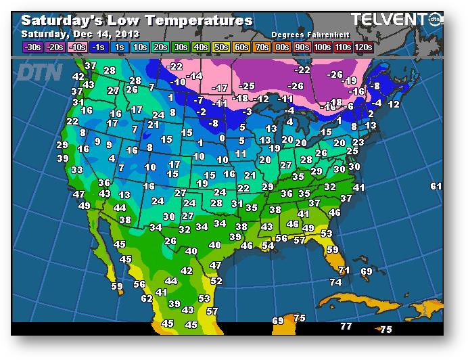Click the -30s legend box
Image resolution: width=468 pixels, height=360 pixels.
(x=32, y=47)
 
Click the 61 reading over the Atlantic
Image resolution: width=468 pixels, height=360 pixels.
(x=436, y=186)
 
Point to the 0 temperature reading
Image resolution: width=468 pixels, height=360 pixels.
(x=222, y=138)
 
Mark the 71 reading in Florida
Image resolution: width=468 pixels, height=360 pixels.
(x=344, y=270)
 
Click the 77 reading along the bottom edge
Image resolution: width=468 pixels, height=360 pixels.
(x=346, y=326)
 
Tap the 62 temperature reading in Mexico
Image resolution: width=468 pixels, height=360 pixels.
(x=147, y=298)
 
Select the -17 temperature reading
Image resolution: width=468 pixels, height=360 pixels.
(x=220, y=88)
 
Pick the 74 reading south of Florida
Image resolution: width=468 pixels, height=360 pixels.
(x=335, y=282)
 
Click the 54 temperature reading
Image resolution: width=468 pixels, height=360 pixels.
(x=268, y=246)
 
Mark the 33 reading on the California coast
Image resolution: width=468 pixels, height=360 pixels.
(x=77, y=170)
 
